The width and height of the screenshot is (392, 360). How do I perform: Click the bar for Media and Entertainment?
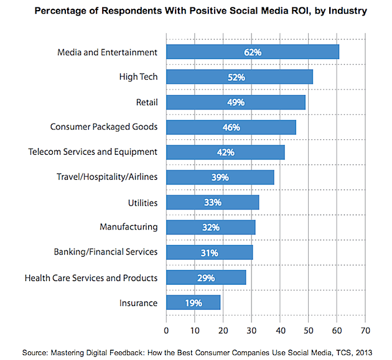coord(253,52)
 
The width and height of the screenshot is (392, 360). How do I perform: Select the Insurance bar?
coord(194,303)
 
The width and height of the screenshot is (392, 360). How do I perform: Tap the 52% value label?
coord(236,78)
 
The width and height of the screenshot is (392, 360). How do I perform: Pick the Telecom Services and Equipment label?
coord(93,152)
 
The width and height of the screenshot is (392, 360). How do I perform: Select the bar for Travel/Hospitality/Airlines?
coord(220,178)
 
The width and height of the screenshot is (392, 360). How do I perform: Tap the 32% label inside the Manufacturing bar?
coord(210,228)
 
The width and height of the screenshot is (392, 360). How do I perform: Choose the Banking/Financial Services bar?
coord(210,252)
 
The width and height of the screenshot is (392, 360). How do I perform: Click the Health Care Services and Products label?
coord(91,278)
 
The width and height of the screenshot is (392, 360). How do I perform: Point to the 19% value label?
coord(193,303)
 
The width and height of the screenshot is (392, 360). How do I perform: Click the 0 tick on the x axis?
coord(166,330)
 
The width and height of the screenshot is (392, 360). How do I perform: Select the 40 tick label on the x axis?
coord(280,330)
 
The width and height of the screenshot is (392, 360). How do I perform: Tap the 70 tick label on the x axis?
coord(365,330)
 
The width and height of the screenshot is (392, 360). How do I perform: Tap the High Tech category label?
coord(138,77)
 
